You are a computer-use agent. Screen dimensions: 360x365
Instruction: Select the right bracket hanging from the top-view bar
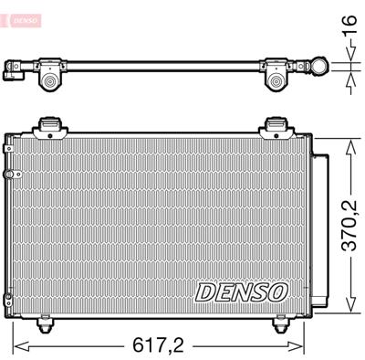277,81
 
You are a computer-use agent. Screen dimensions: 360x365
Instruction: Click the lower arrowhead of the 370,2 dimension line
349,309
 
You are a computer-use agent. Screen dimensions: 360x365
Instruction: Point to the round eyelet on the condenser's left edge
8,174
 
